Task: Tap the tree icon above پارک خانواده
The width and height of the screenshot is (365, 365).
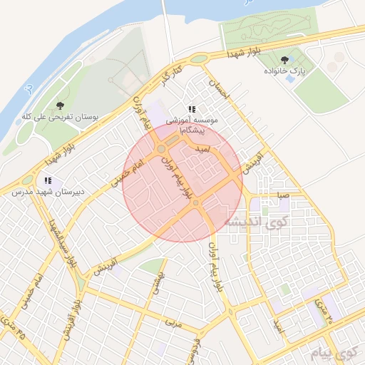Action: click(x=285, y=60)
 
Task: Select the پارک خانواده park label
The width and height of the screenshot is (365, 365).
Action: click(x=285, y=71)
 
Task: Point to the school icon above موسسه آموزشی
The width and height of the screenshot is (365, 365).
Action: click(x=191, y=109)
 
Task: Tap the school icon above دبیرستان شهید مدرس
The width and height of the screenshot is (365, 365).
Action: click(x=48, y=181)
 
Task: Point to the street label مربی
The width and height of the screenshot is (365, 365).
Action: click(x=174, y=322)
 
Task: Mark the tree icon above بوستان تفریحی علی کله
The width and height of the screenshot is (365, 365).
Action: click(x=59, y=106)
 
